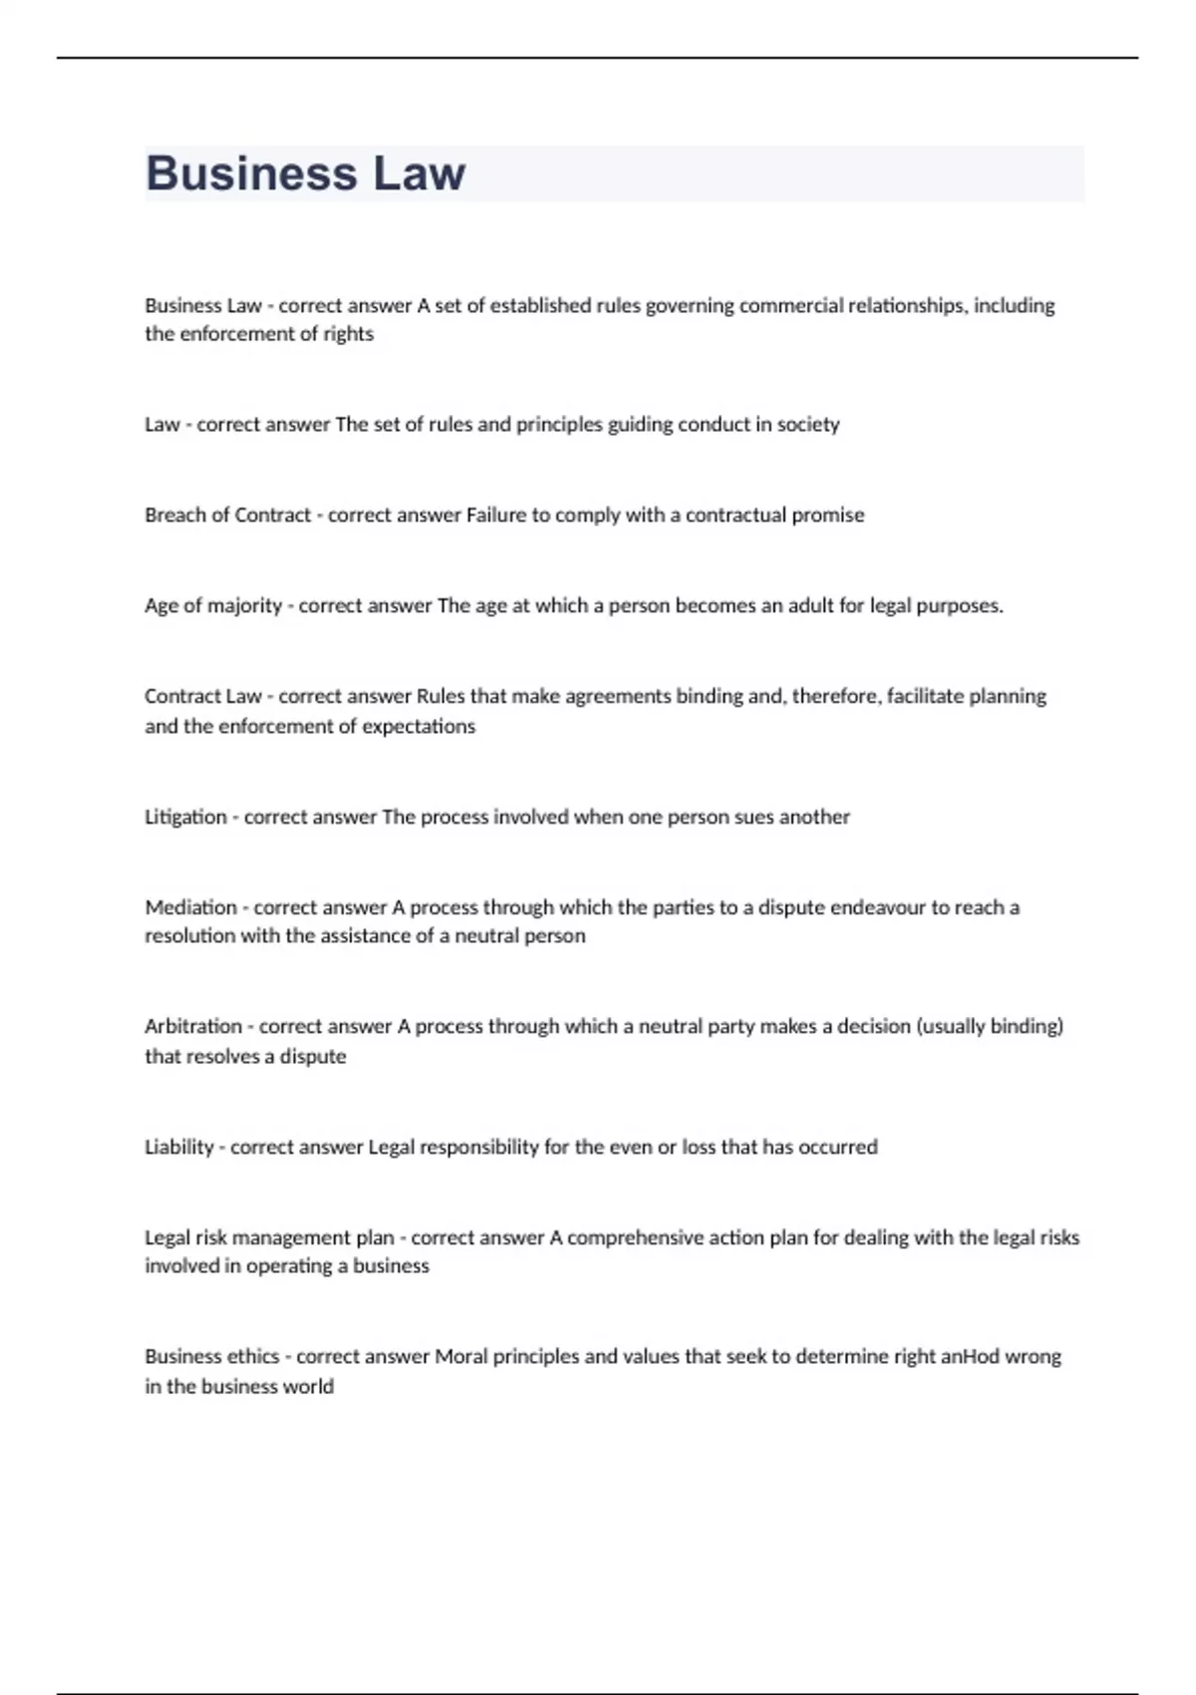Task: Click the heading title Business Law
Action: point(305,173)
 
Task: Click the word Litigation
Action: point(185,818)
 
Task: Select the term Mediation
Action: point(190,907)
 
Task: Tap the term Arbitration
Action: point(193,1026)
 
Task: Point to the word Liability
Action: point(179,1147)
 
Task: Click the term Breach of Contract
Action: point(227,515)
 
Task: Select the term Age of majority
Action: point(213,606)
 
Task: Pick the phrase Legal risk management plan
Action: point(269,1237)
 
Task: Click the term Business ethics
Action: point(211,1356)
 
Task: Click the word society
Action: point(808,425)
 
